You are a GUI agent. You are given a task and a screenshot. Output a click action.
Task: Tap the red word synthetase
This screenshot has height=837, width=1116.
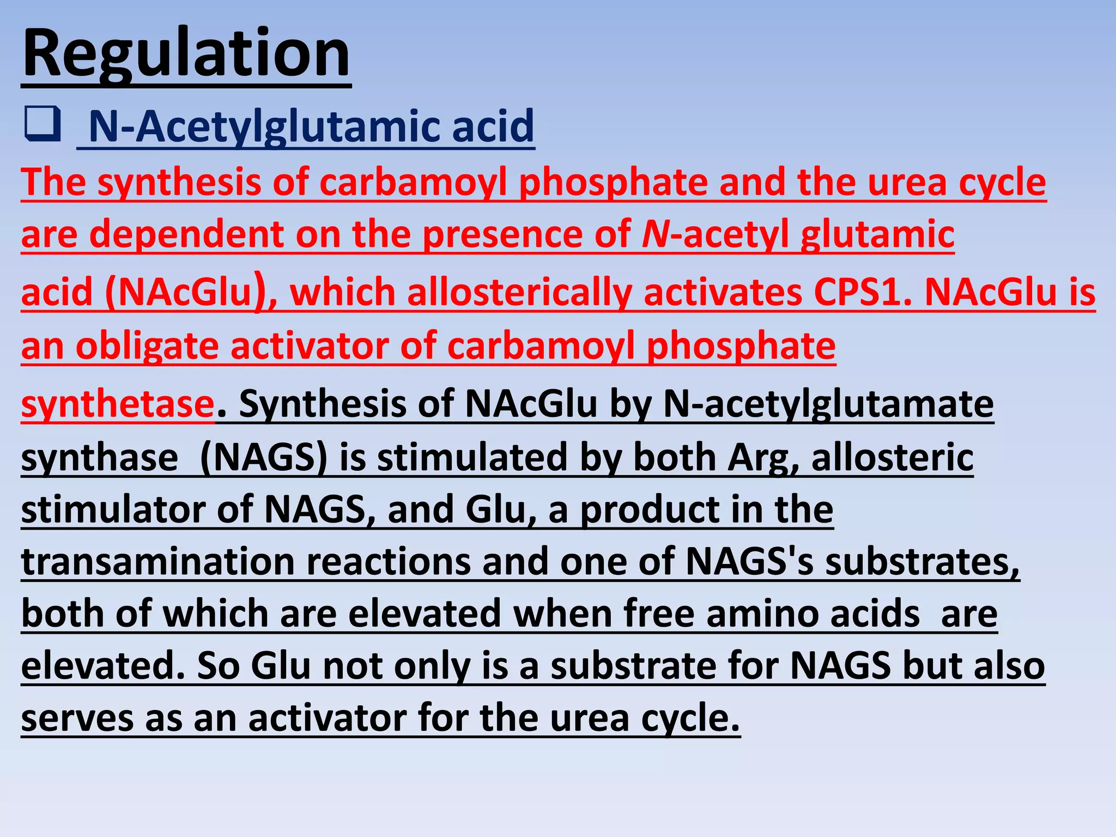(118, 404)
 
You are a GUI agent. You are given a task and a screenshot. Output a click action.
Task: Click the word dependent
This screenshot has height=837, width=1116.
(186, 234)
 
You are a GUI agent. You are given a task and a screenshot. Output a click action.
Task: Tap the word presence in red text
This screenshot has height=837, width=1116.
(502, 234)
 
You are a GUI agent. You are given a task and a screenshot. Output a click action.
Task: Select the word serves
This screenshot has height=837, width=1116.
(77, 718)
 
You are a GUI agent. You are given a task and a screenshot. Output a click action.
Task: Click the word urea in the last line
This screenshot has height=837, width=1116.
(589, 718)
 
